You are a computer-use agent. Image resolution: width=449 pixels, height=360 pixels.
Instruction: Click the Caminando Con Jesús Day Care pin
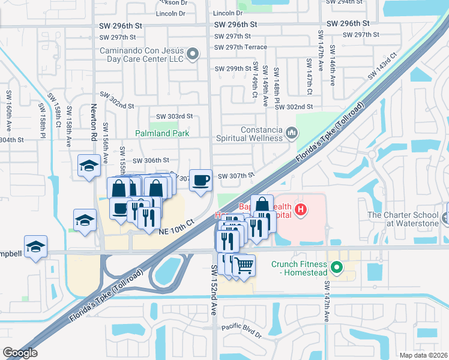coord(193,55)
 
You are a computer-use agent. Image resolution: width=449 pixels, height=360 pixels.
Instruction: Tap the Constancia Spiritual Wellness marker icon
coord(292,132)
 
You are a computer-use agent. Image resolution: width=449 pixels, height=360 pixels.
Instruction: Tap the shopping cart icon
coord(243,265)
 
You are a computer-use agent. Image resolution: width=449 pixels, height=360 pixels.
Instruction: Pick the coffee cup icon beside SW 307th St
coord(201,179)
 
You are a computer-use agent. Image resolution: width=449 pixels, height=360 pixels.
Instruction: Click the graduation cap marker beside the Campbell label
coord(35,247)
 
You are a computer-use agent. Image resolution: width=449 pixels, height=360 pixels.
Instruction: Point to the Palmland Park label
coord(162,134)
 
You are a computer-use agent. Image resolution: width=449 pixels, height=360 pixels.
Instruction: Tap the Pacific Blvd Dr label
coord(241,328)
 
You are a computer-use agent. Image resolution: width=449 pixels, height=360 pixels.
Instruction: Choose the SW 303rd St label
coord(174,116)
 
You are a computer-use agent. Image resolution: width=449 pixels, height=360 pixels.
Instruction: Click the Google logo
coord(20,353)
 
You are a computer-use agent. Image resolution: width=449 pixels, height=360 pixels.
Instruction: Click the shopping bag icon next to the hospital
coord(262,205)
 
